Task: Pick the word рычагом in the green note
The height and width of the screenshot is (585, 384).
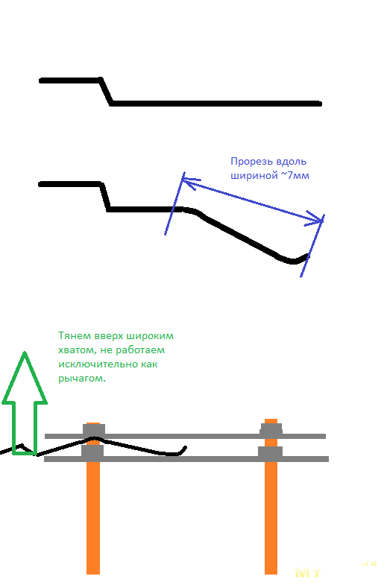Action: [82, 379]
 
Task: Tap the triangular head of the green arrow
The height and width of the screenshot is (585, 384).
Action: [25, 381]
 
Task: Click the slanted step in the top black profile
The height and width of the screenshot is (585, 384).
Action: [106, 92]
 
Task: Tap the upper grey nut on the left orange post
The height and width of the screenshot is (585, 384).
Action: [94, 430]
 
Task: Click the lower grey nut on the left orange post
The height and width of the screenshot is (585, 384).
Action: [92, 451]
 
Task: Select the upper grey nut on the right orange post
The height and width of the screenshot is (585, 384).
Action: [271, 429]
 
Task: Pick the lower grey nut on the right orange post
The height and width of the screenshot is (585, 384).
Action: [270, 452]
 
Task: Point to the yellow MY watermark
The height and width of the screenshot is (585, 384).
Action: [308, 572]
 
